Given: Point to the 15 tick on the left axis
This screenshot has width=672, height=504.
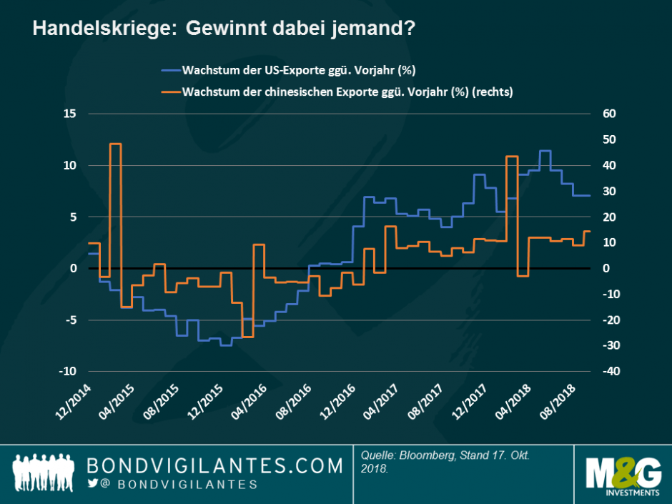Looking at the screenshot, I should click(70, 114).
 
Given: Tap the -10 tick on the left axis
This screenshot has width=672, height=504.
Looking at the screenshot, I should click(67, 371).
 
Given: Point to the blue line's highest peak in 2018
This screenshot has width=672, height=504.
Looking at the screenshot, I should click(545, 151).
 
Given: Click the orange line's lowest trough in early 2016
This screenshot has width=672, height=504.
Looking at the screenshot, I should click(247, 337).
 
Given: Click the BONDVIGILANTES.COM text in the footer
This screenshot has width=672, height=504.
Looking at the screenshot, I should click(214, 466).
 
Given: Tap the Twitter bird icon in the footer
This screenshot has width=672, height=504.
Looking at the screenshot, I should click(92, 484).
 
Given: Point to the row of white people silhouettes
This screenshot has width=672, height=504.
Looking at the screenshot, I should click(45, 472).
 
